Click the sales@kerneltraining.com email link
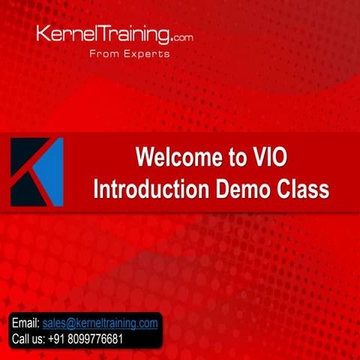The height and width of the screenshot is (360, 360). [x=100, y=323]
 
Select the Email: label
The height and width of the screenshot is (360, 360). [x=26, y=323]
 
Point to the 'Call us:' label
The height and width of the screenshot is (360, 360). [x=29, y=339]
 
